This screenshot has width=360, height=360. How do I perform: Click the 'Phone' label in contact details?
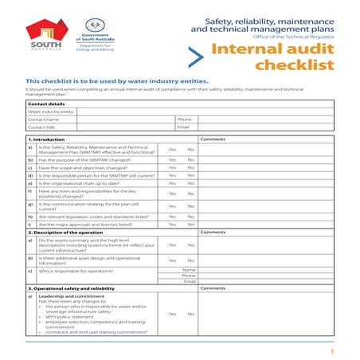[185, 119]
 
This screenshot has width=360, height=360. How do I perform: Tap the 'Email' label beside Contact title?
[184, 127]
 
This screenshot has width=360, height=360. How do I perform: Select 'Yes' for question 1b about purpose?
[172, 159]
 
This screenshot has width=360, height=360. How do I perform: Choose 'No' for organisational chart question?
[191, 183]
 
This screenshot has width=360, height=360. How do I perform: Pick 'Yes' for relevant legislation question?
[172, 216]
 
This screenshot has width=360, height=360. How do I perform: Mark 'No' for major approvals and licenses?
[191, 224]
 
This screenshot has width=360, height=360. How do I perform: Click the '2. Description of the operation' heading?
[68, 232]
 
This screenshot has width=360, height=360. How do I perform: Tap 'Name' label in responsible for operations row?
[189, 269]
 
